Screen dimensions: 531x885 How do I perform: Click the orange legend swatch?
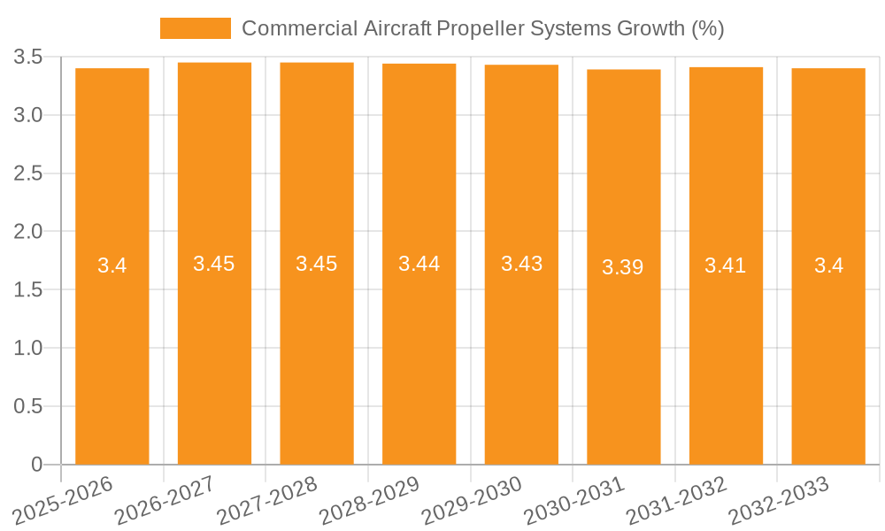[195, 28]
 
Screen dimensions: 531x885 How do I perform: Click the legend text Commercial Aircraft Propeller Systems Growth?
[483, 28]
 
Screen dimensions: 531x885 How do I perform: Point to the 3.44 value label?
[419, 264]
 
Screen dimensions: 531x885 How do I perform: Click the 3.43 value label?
[522, 264]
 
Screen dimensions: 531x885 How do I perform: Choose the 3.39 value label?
[623, 267]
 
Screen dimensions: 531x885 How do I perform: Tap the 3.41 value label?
[726, 265]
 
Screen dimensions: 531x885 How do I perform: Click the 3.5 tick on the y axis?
[28, 58]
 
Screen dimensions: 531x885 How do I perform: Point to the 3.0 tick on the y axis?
[28, 115]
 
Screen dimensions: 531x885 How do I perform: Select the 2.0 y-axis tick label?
[28, 232]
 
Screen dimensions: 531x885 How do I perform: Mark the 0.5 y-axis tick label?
[28, 406]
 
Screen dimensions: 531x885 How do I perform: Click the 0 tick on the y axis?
[36, 465]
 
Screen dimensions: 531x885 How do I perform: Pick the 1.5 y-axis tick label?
[28, 290]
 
